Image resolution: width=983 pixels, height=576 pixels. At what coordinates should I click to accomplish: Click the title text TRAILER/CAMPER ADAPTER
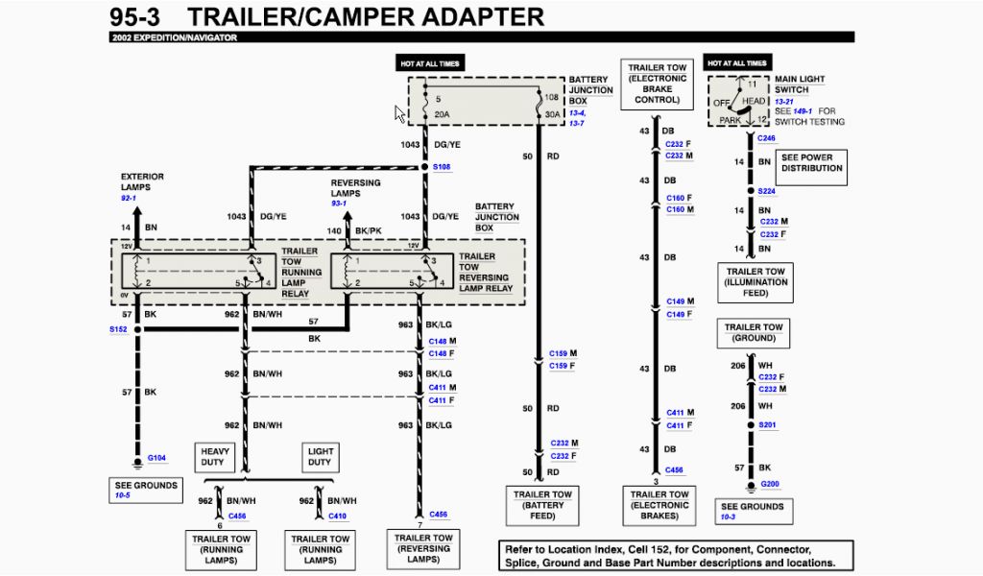(x=365, y=16)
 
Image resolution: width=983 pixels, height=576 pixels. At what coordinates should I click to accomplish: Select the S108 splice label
(x=442, y=167)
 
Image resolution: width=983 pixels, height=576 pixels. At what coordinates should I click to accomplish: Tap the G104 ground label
(x=156, y=458)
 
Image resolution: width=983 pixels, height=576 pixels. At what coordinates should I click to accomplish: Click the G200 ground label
(x=770, y=484)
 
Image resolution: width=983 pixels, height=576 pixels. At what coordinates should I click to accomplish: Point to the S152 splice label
(x=117, y=329)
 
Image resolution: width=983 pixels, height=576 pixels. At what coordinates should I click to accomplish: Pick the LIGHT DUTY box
(x=320, y=456)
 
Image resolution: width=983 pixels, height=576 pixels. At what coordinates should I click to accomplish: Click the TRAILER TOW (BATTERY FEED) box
(x=542, y=506)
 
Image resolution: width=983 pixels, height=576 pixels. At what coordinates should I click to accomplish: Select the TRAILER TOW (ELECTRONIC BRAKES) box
(x=659, y=506)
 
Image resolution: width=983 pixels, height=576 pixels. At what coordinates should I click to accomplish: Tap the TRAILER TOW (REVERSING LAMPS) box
(x=423, y=549)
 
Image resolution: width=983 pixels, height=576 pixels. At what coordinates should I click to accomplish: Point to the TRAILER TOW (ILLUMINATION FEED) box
(x=755, y=282)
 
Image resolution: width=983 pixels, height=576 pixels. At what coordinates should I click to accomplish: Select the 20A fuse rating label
(x=443, y=114)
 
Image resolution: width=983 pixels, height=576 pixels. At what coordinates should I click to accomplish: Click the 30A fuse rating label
(x=551, y=114)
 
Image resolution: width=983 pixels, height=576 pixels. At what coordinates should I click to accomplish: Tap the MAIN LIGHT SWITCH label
(x=799, y=84)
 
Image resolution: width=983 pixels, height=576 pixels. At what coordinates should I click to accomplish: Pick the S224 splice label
(x=766, y=191)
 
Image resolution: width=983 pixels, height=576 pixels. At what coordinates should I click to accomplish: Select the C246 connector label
(x=766, y=138)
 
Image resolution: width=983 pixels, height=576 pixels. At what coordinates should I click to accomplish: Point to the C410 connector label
(x=338, y=516)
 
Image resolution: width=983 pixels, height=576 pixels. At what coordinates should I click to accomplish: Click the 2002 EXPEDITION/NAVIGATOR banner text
(x=174, y=37)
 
